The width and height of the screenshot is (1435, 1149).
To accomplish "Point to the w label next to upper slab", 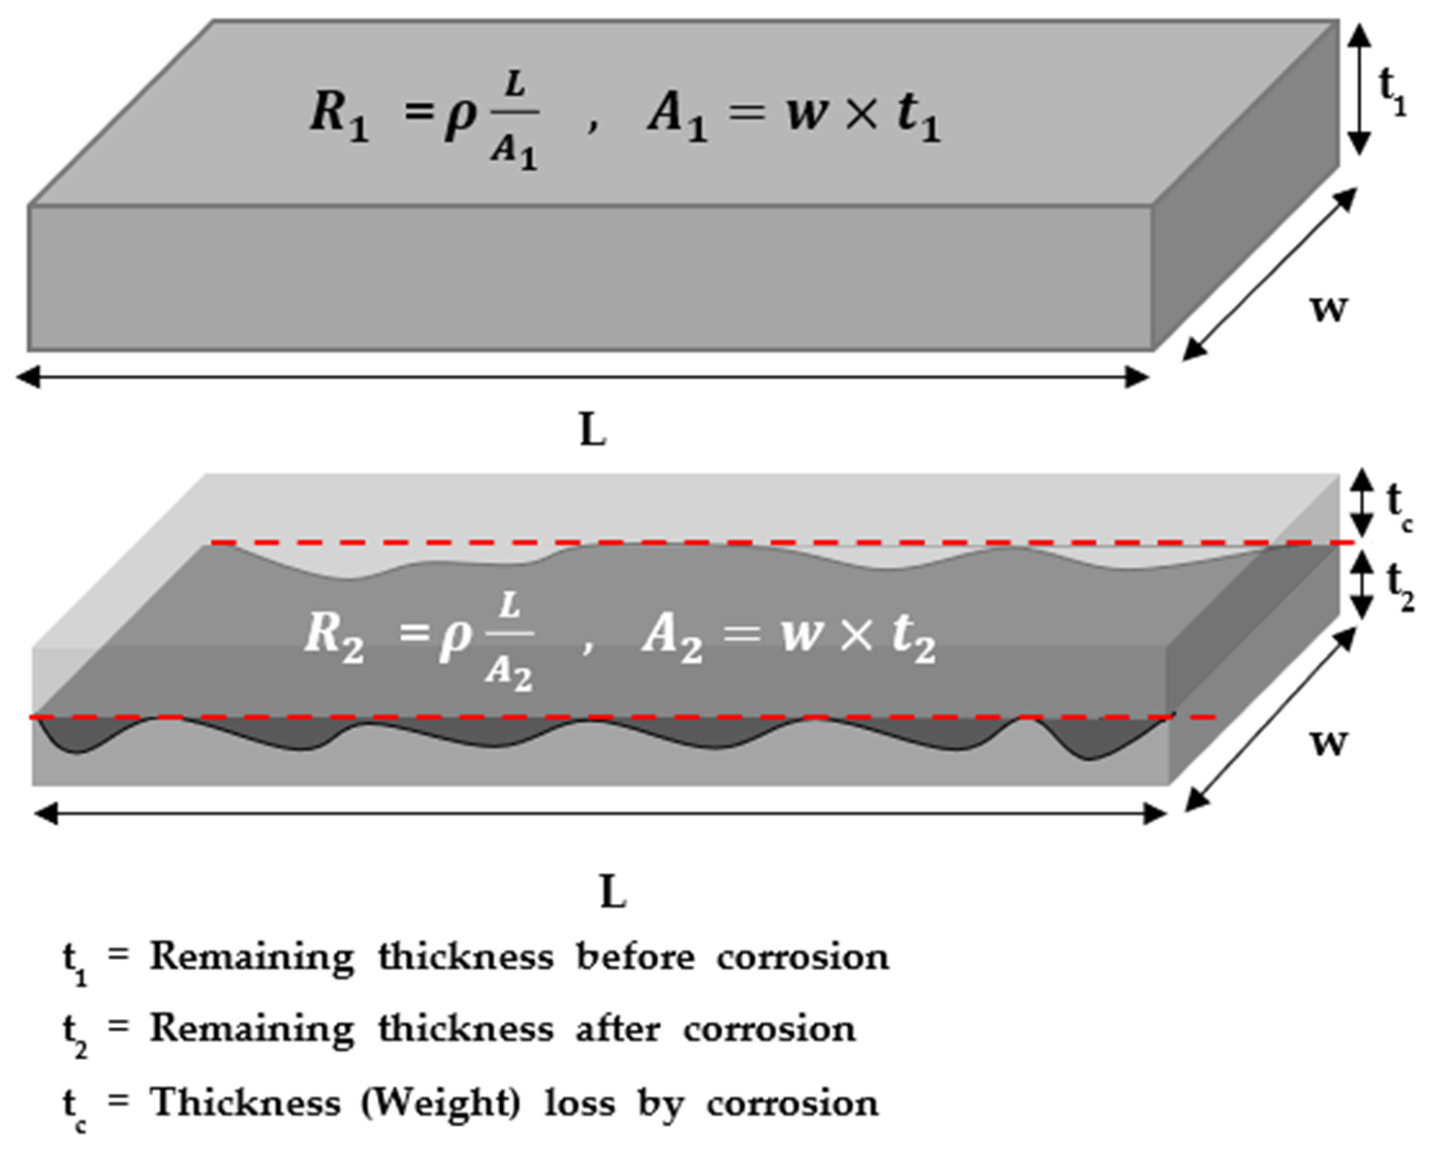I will (x=1328, y=307).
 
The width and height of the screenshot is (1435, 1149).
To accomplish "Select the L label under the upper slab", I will (x=592, y=431).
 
